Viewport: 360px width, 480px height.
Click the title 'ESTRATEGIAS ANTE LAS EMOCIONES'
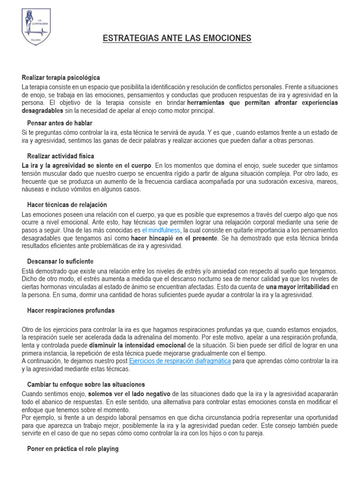tap(177, 38)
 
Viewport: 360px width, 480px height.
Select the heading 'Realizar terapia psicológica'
tap(61, 77)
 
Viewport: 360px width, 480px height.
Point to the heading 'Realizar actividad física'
tap(61, 156)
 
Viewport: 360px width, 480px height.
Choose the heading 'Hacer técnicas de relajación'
tap(67, 205)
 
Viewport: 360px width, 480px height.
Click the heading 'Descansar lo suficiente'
tap(60, 261)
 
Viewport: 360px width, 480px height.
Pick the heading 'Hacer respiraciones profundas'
tap(71, 310)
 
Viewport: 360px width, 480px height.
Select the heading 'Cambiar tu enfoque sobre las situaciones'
tap(86, 384)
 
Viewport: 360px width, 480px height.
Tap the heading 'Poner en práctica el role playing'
tap(73, 449)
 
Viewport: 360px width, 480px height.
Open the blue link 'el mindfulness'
tap(161, 231)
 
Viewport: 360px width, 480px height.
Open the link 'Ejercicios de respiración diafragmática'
tap(180, 361)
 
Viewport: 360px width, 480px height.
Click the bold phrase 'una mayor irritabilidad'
tap(298, 286)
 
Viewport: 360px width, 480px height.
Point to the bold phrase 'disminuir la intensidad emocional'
tap(137, 345)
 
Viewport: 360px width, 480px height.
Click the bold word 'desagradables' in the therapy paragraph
tap(42, 111)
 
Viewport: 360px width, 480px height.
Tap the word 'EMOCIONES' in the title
tap(225, 38)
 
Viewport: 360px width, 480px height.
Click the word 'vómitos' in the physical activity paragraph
tap(83, 189)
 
